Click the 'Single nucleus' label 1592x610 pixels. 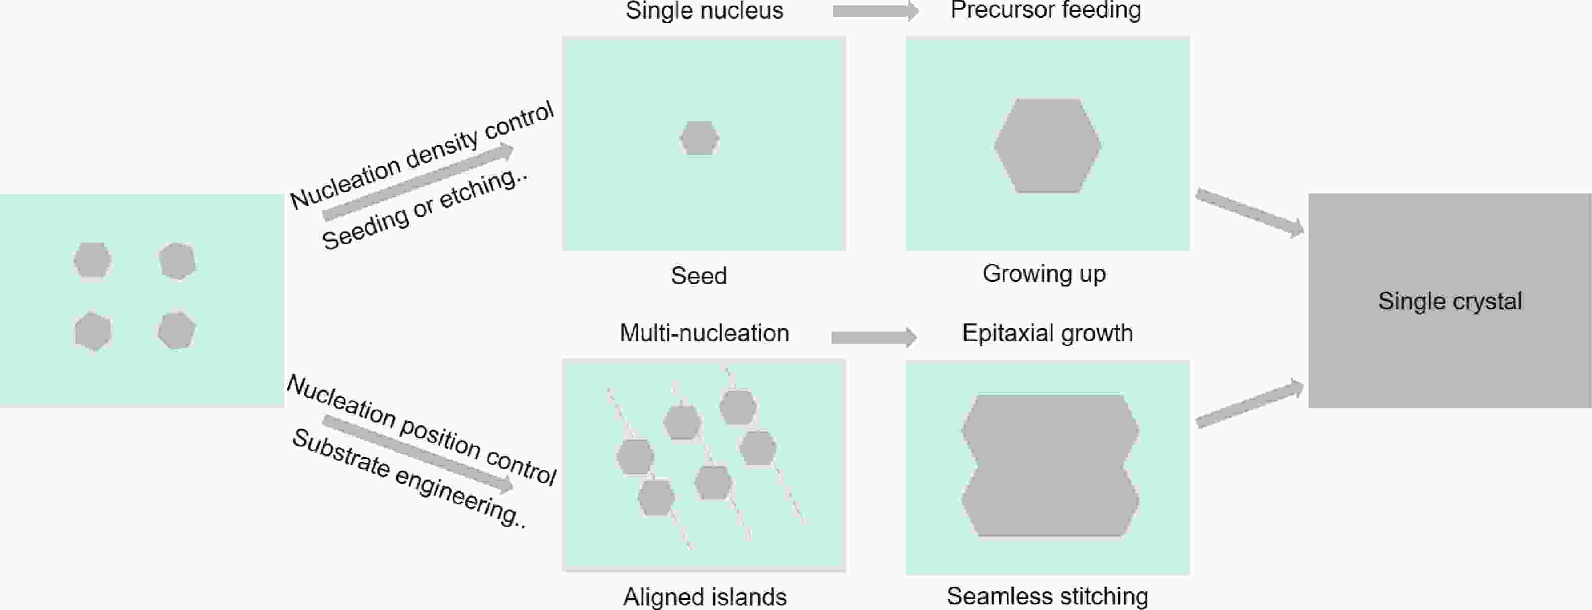point(704,11)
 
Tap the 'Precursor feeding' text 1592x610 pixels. point(1046,10)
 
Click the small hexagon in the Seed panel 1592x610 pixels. point(699,138)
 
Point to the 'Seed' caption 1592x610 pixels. point(698,275)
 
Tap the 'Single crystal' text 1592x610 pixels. point(1450,301)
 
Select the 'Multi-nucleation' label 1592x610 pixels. point(704,333)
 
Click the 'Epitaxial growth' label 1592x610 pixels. point(1048,333)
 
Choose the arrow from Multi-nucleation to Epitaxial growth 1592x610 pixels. point(873,337)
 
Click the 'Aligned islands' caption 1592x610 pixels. point(705,597)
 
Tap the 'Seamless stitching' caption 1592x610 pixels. point(1048,596)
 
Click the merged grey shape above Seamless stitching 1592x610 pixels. point(1050,465)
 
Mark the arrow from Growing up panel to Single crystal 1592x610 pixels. point(1250,213)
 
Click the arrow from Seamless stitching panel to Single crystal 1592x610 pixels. point(1250,404)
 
